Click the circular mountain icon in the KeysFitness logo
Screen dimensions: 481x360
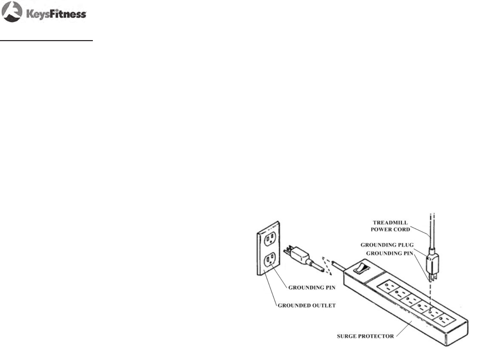tap(12, 12)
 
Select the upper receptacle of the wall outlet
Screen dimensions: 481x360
tap(270, 238)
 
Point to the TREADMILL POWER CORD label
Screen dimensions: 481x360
tap(390, 226)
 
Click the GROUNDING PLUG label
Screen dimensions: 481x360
tap(387, 245)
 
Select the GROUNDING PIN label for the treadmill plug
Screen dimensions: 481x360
tap(389, 253)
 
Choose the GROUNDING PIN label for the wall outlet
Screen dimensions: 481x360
tap(312, 287)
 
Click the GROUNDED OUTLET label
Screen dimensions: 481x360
tap(307, 305)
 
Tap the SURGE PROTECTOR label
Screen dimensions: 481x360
tap(365, 336)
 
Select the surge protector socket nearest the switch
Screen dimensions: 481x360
tap(387, 286)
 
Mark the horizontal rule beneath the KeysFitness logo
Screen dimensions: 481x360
tap(46, 41)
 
